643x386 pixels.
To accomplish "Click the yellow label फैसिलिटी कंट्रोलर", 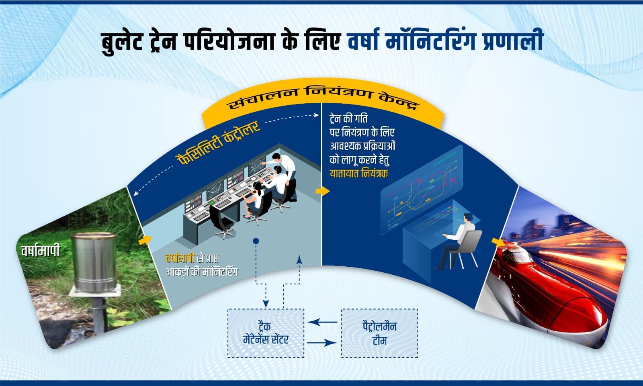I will [219, 143].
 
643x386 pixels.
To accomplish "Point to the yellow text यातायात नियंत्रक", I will [359, 174].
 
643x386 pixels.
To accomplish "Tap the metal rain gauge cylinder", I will [93, 261].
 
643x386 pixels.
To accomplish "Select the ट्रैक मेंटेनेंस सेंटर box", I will [266, 333].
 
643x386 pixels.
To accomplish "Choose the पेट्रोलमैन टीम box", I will [379, 333].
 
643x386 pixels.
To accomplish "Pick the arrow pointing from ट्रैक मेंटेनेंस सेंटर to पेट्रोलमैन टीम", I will [321, 343].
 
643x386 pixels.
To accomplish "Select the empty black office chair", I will [223, 223].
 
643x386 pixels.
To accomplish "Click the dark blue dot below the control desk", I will [256, 241].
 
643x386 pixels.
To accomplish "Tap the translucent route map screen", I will [420, 189].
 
